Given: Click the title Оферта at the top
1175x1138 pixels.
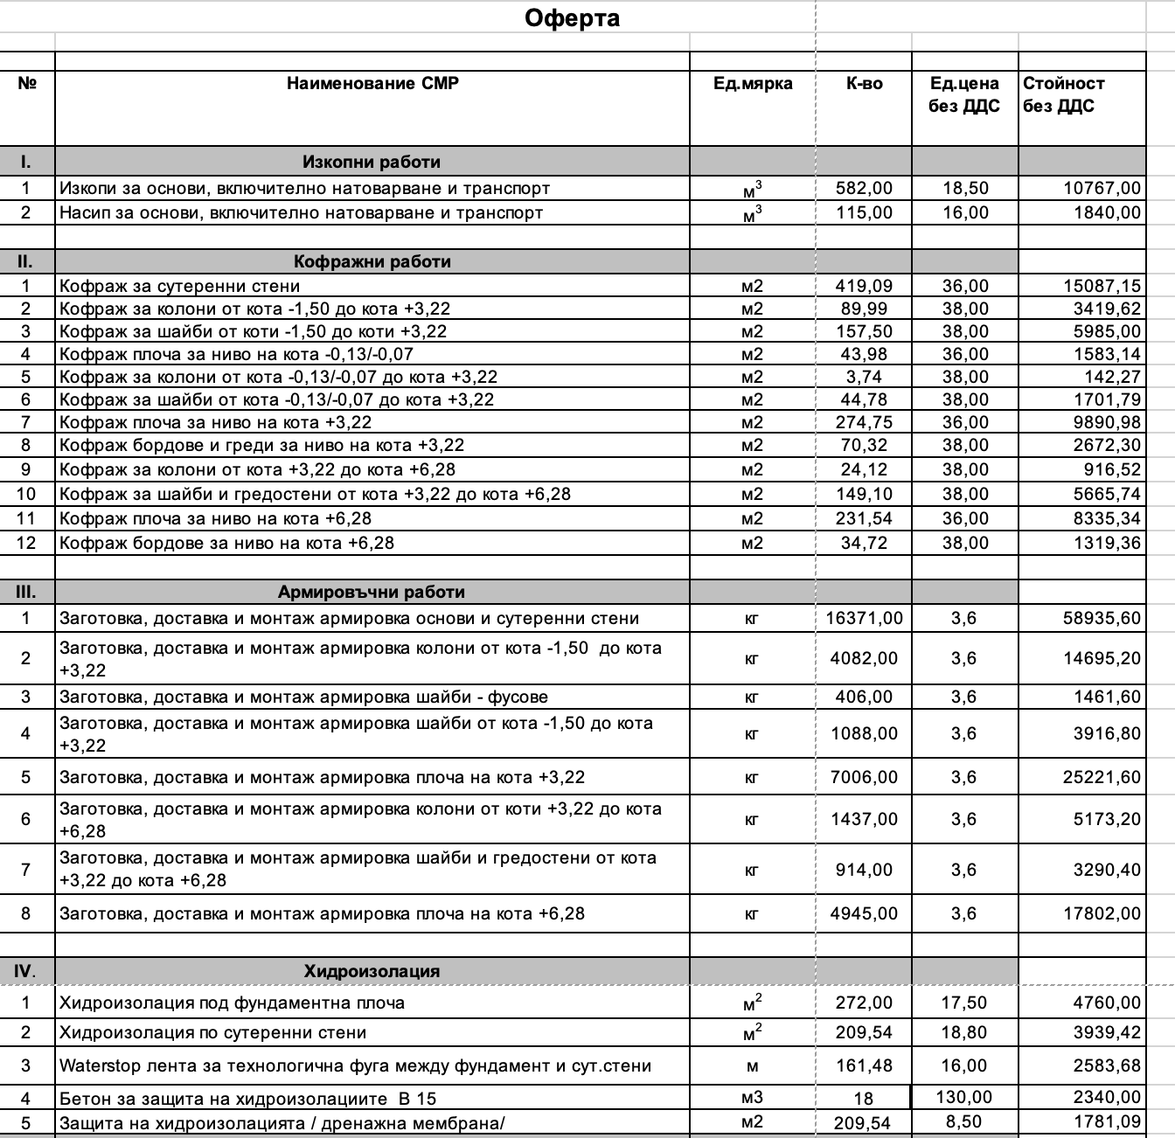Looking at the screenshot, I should [x=572, y=18].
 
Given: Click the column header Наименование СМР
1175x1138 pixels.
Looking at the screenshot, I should [x=372, y=84].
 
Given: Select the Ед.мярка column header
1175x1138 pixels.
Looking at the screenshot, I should [x=753, y=84].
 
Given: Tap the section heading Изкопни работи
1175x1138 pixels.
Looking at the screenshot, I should [x=372, y=162].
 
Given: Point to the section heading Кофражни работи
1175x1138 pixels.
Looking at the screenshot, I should [x=372, y=261].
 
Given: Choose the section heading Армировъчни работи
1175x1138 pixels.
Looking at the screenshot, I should [x=372, y=592].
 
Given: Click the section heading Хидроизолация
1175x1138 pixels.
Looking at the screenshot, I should [x=372, y=971].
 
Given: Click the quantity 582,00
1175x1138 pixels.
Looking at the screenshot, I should [x=864, y=188].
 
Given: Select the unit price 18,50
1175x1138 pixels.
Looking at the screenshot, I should [x=965, y=188].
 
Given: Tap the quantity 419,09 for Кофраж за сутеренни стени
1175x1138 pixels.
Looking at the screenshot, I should [x=864, y=286].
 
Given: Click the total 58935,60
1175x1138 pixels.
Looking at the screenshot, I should [x=1102, y=618].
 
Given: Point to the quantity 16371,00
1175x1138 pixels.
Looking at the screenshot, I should [x=864, y=618].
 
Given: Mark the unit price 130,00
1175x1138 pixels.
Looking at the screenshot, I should [x=965, y=1097].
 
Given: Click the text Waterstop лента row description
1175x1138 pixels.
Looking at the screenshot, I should [x=355, y=1065].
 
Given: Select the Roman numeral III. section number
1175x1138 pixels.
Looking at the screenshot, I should [x=26, y=592].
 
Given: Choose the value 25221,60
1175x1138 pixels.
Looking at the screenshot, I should [x=1102, y=777].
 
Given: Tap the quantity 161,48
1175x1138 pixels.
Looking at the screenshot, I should [x=864, y=1065].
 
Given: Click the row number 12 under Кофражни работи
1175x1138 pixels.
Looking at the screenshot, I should [x=26, y=543].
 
